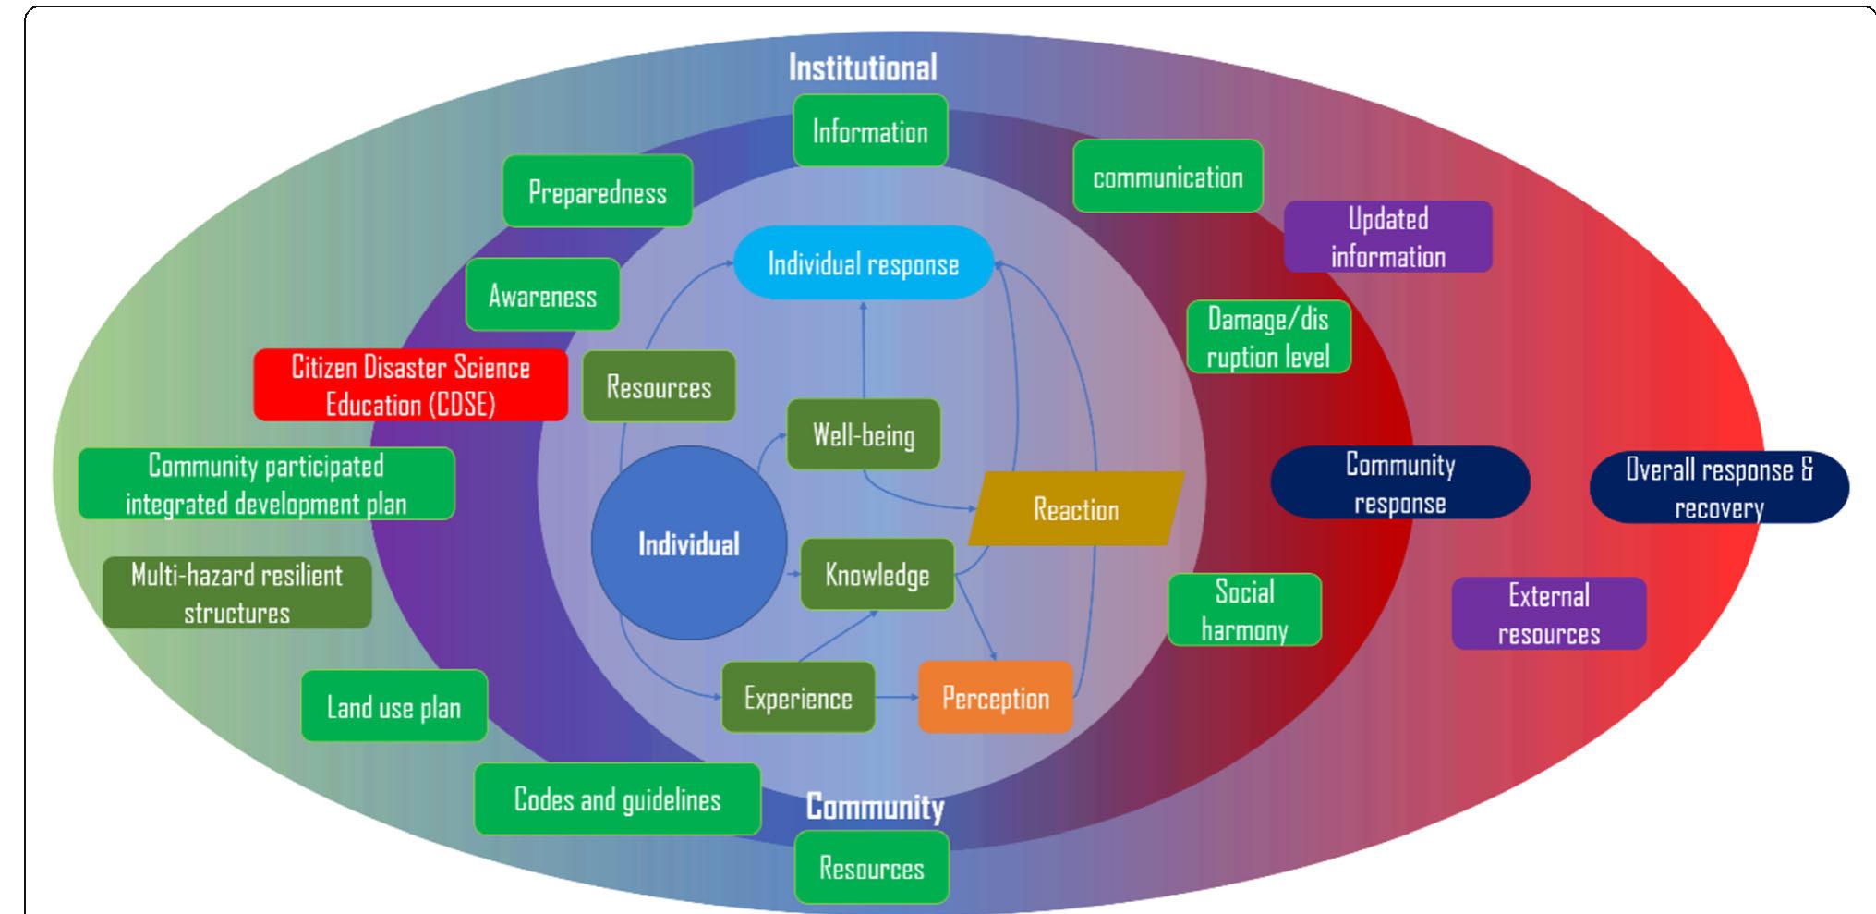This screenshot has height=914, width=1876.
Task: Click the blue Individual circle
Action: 688,543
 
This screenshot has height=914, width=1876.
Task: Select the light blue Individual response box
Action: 863,263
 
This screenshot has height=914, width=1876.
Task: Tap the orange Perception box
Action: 995,698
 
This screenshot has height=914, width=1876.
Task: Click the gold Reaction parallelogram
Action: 1075,509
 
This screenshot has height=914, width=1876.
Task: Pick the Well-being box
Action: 863,434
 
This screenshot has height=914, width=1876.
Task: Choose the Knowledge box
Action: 877,575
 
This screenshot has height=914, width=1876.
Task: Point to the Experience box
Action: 798,698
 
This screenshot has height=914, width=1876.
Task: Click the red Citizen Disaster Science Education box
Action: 410,385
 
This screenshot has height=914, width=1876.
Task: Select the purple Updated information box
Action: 1387,238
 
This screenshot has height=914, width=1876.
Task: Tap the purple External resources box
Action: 1548,614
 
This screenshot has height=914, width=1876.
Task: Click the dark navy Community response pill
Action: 1399,483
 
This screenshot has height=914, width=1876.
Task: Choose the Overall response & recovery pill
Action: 1718,488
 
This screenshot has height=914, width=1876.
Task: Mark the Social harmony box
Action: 1244,610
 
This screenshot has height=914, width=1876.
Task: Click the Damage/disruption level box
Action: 1267,337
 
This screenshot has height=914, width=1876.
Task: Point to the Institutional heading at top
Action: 862,67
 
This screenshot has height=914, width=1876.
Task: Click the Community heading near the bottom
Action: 875,807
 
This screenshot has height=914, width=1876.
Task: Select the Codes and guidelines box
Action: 617,799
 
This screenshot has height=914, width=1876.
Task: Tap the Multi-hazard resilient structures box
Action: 236,593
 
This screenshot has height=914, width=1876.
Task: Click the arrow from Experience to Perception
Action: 896,698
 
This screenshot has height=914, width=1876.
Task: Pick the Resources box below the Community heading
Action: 871,868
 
